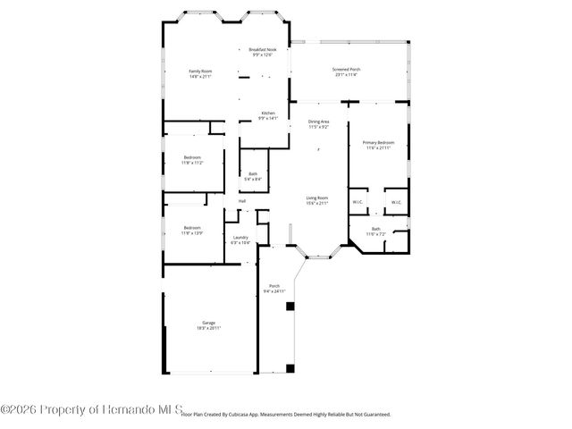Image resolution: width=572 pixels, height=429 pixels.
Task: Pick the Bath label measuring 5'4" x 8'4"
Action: coord(253,176)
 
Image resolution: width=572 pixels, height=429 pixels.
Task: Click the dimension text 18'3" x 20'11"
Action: coord(207,329)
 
